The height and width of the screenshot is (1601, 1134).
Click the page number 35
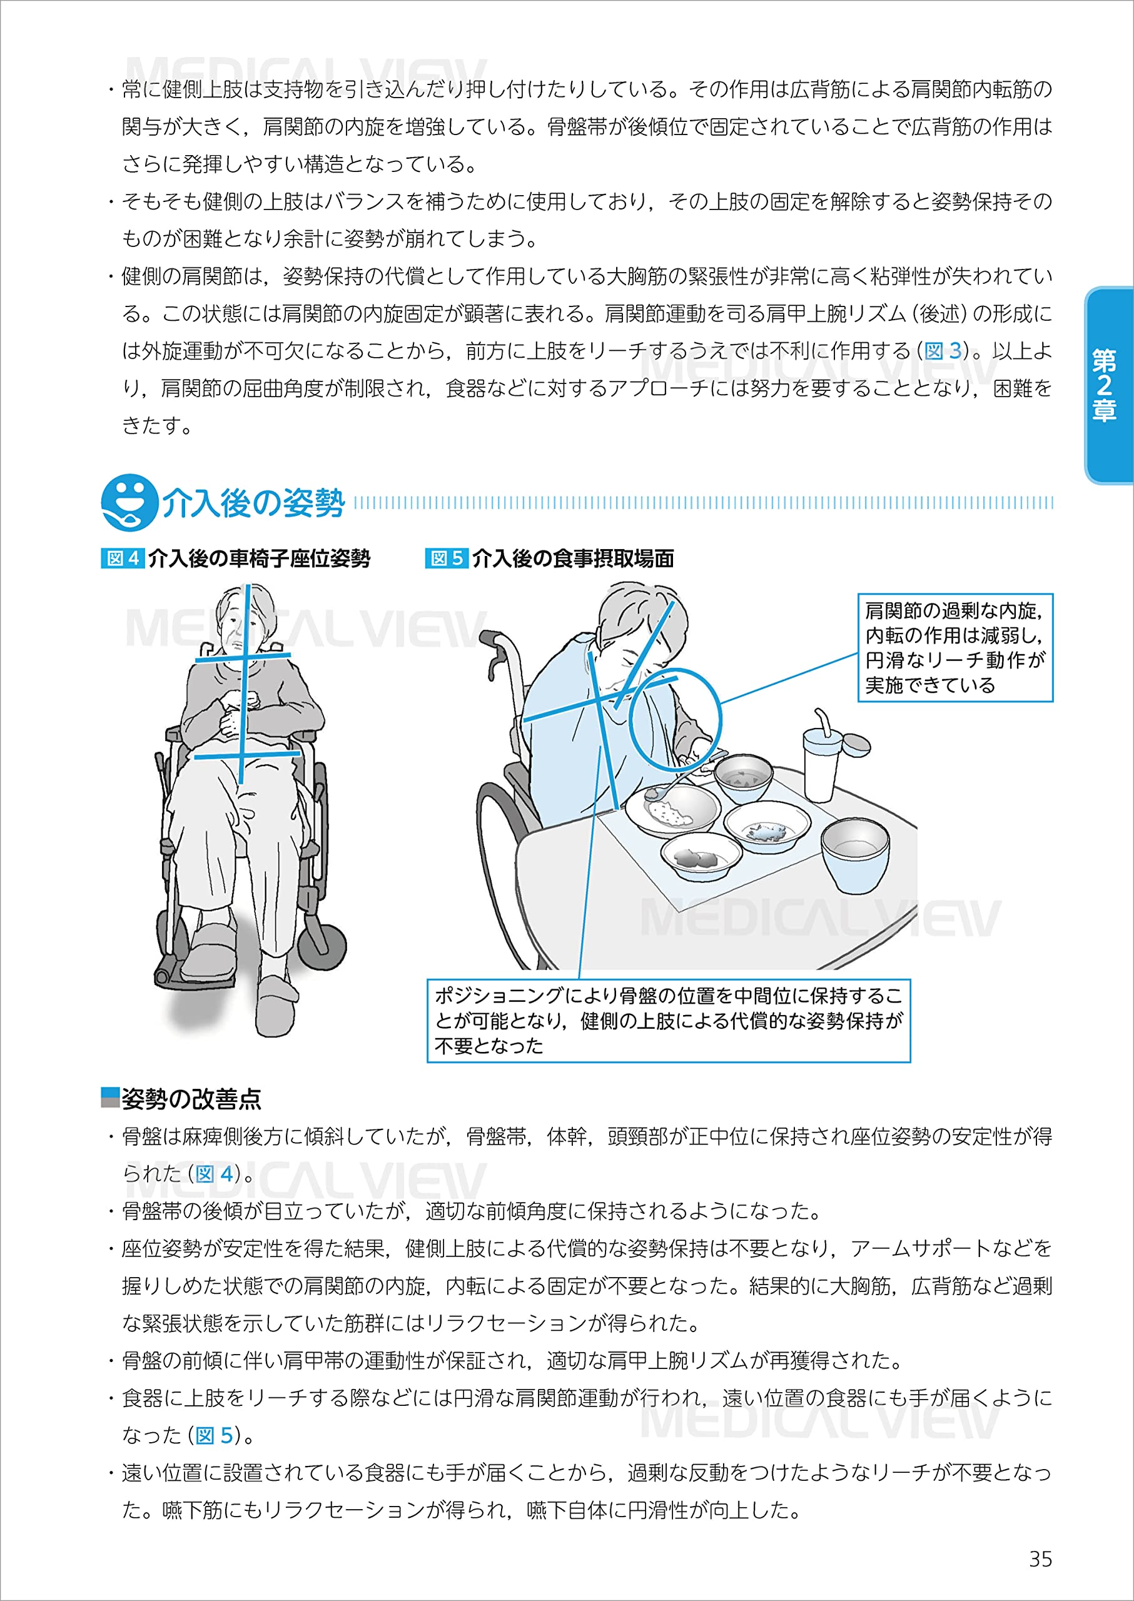tap(1040, 1558)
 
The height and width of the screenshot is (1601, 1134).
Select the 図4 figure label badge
tap(123, 558)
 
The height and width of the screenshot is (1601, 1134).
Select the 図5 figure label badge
tap(446, 558)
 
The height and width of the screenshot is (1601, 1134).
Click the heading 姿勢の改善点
tap(191, 1098)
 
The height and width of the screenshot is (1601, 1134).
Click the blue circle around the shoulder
tap(674, 719)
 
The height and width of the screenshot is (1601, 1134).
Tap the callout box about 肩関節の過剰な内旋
tap(954, 647)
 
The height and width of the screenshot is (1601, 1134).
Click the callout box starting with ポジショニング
tap(668, 1020)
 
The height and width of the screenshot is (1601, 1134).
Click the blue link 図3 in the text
tap(943, 350)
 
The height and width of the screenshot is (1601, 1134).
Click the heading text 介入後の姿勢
tap(253, 503)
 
